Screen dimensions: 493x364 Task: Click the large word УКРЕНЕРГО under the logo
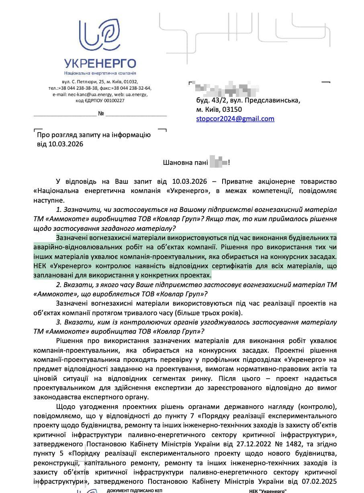pyautogui.click(x=100, y=64)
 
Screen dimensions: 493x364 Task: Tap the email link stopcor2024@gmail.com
pyautogui.click(x=235, y=119)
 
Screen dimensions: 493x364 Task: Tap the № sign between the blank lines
pyautogui.click(x=101, y=114)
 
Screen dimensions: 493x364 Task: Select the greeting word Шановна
pyautogui.click(x=177, y=163)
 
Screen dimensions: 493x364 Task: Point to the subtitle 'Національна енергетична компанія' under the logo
pyautogui.click(x=100, y=73)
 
